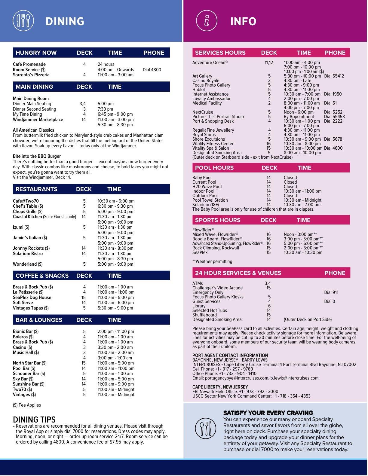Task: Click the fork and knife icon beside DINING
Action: [23, 21]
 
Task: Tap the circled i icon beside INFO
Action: [207, 21]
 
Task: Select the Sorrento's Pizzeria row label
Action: [31, 75]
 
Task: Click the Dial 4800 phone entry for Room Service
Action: [152, 70]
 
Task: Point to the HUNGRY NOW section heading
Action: [36, 53]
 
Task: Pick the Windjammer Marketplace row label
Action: [38, 120]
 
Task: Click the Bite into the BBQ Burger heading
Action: [37, 156]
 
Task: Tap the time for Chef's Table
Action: [115, 206]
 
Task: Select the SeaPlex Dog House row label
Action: [32, 297]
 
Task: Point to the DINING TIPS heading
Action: [34, 420]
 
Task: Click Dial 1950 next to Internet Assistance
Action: [333, 94]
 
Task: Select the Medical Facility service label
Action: [207, 103]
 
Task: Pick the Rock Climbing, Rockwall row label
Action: [216, 248]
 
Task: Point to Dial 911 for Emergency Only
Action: [331, 292]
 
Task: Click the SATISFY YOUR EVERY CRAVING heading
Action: [268, 413]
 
